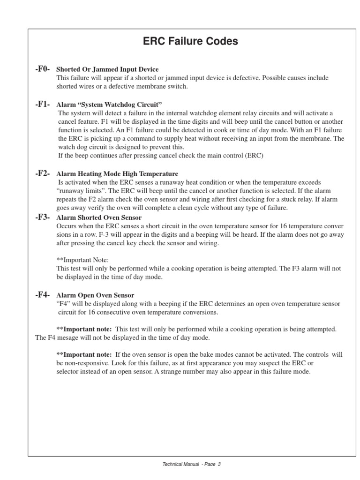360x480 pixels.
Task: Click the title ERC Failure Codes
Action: [190, 42]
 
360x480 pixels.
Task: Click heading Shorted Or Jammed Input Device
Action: [107, 70]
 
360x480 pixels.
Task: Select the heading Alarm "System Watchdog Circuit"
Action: [109, 105]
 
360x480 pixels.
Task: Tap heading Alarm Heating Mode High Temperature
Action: [117, 174]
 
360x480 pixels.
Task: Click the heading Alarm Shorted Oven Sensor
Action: [99, 217]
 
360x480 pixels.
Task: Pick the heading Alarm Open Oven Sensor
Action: [95, 295]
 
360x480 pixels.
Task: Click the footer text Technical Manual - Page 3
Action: [191, 464]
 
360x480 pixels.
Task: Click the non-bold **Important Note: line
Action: [82, 260]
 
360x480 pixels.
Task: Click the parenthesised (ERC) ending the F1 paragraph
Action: [254, 156]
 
